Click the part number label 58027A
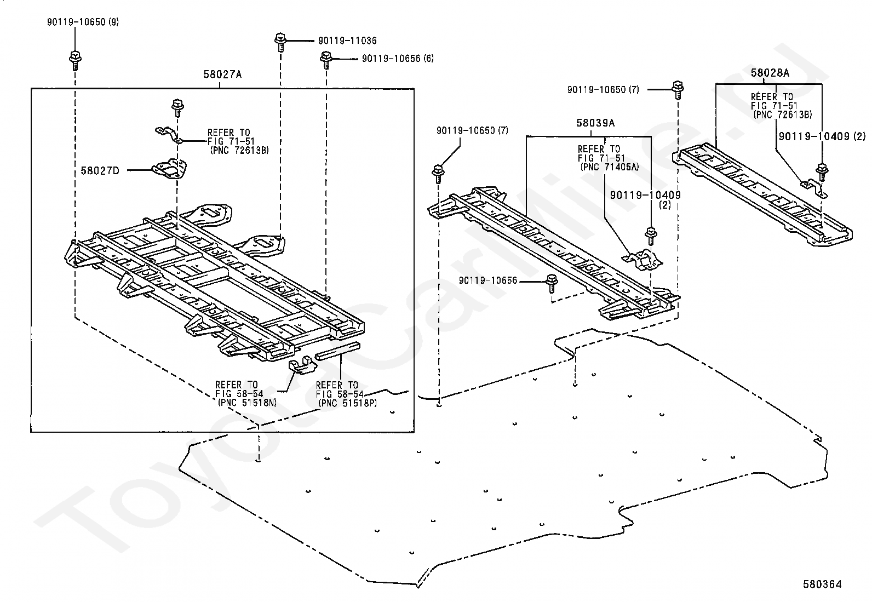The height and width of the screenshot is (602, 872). [x=222, y=74]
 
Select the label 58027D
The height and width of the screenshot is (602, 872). [x=100, y=170]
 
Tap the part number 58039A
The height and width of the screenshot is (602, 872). [x=595, y=123]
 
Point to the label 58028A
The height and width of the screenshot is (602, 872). [x=770, y=73]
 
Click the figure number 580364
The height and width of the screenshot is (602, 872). [x=822, y=584]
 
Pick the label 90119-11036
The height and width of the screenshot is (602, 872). [x=347, y=41]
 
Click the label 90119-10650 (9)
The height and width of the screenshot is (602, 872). [x=83, y=22]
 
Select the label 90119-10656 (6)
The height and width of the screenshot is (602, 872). [x=398, y=59]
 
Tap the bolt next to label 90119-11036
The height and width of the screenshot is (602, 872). [x=280, y=42]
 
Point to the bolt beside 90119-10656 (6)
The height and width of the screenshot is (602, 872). [x=326, y=60]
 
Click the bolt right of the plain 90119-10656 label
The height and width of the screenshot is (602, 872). [x=552, y=283]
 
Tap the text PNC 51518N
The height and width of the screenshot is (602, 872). [x=247, y=403]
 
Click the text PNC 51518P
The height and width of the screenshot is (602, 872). [x=348, y=403]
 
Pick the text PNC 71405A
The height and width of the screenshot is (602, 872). [x=610, y=167]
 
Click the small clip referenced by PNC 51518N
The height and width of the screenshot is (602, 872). [x=302, y=364]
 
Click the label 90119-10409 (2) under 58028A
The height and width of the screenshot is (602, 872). [x=822, y=136]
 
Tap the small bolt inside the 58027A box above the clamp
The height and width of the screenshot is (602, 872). [x=177, y=108]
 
